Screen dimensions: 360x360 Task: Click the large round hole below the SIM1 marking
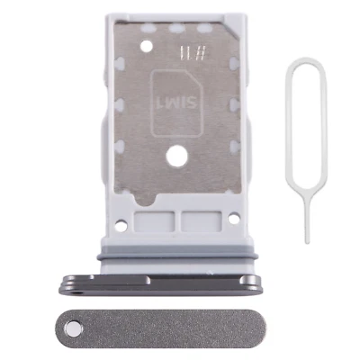178,157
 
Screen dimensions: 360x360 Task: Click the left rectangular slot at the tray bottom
148,220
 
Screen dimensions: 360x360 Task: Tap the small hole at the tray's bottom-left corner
123,217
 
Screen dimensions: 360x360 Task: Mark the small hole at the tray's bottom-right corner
234,218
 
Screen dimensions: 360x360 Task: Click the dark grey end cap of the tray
162,283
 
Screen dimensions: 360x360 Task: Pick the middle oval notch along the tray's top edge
177,28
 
